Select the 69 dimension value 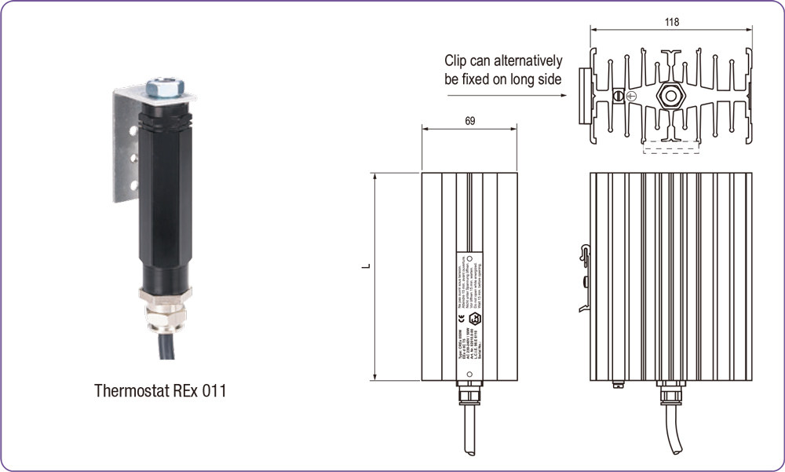(469, 122)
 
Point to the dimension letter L (366, 265)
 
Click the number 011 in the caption (213, 390)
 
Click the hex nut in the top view (671, 96)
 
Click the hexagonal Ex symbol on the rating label (473, 320)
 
